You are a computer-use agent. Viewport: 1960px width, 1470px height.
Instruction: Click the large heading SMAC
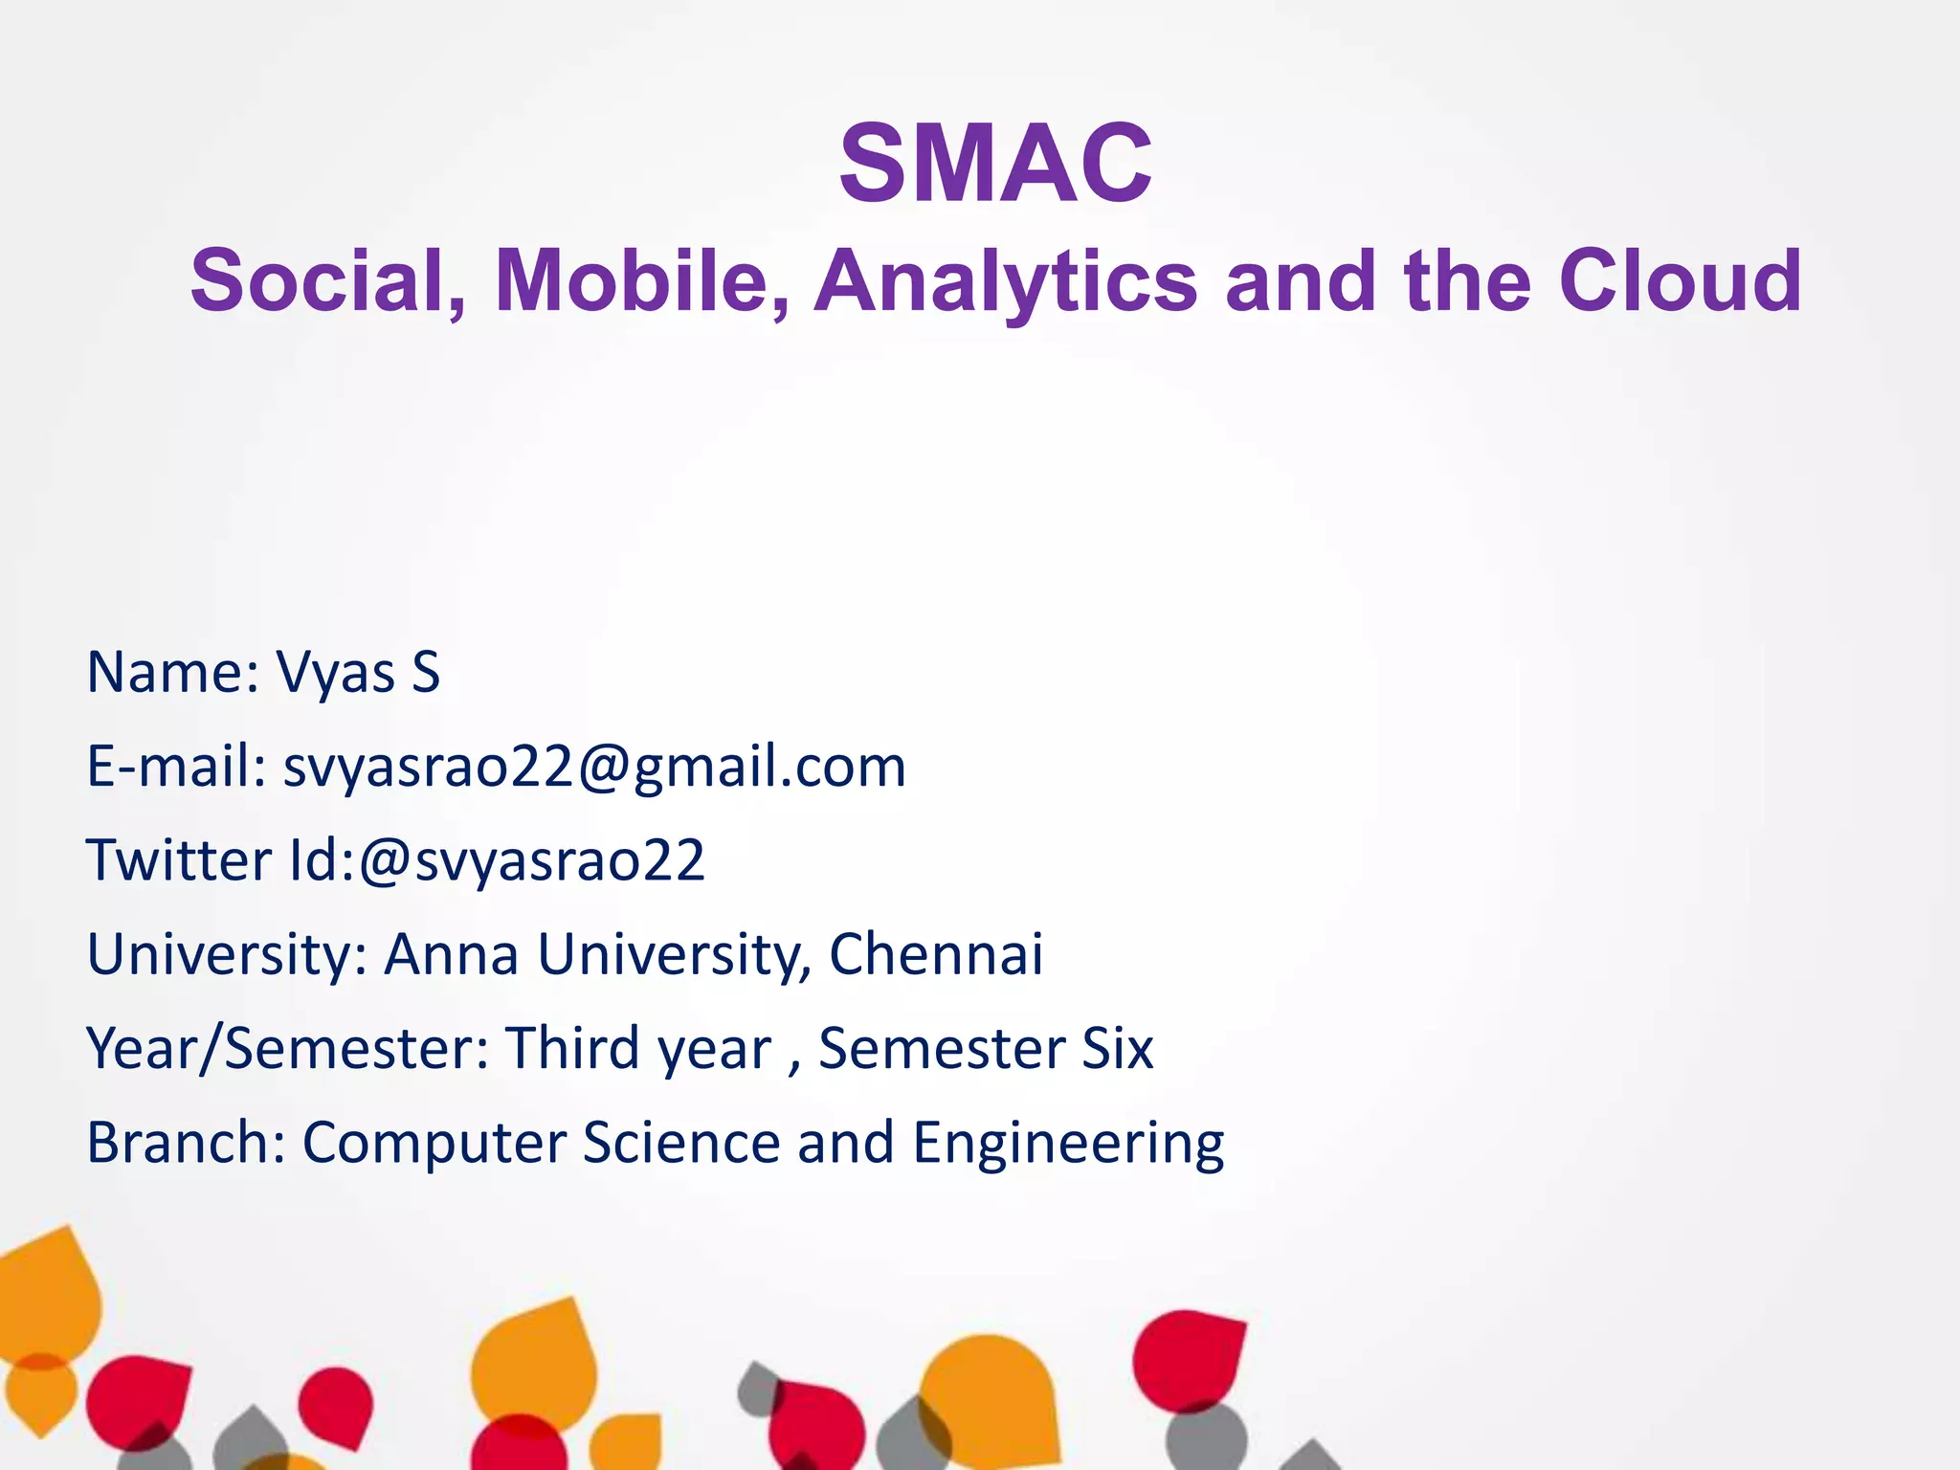pyautogui.click(x=995, y=165)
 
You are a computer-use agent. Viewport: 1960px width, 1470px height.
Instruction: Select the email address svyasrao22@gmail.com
pyautogui.click(x=594, y=768)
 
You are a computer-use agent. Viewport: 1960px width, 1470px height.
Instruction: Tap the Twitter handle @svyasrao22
pyautogui.click(x=532, y=860)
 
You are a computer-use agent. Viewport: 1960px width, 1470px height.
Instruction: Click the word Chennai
pyautogui.click(x=935, y=954)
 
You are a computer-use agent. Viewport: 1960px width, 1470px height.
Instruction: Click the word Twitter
pyautogui.click(x=179, y=860)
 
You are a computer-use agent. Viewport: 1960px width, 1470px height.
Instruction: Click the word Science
pyautogui.click(x=681, y=1143)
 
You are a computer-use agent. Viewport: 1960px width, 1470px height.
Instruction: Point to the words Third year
pyautogui.click(x=638, y=1049)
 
